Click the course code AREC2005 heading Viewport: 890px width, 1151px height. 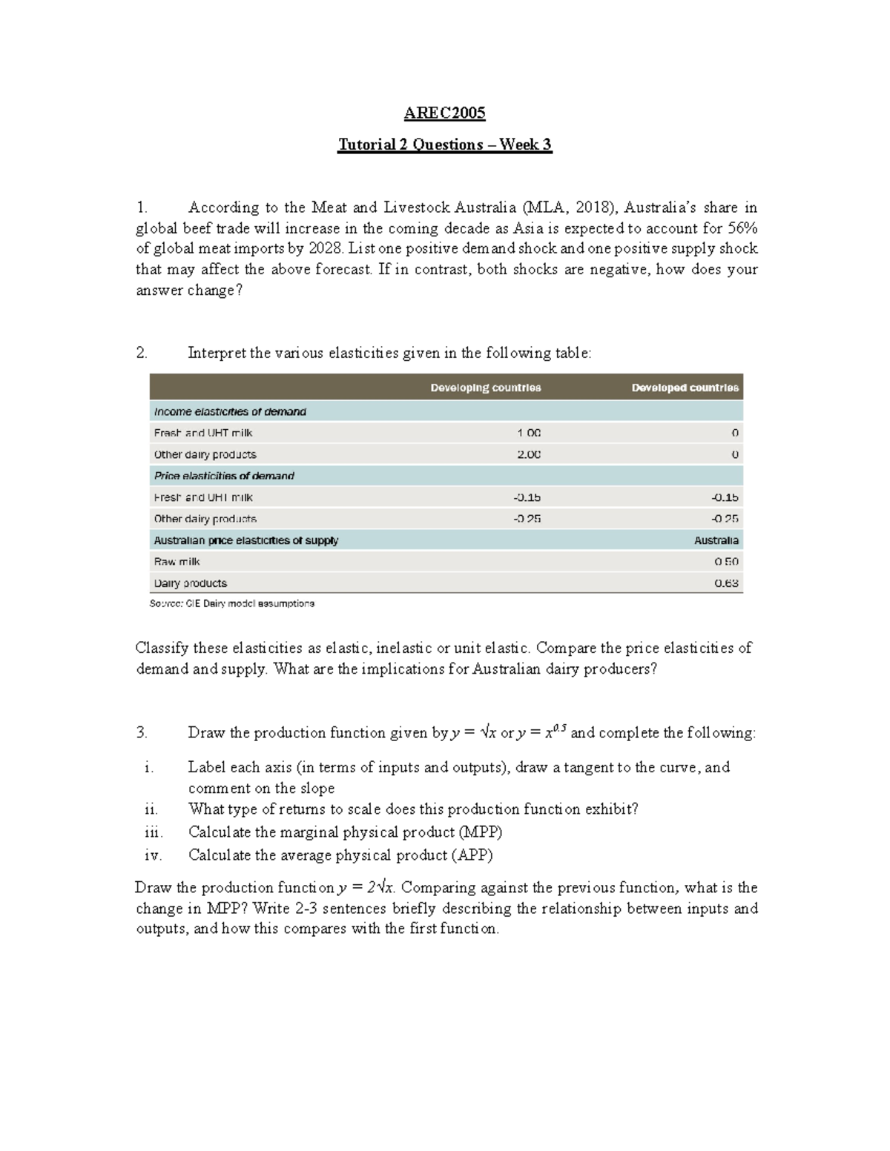pyautogui.click(x=444, y=113)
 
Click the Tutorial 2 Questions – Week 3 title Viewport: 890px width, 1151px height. pyautogui.click(x=444, y=145)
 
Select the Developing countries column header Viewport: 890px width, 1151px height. pyautogui.click(x=486, y=388)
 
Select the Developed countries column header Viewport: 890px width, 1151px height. pyautogui.click(x=685, y=388)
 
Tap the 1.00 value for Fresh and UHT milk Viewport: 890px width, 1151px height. pyautogui.click(x=529, y=433)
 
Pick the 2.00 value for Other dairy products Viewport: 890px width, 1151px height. pyautogui.click(x=529, y=454)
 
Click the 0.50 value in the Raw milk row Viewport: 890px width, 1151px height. pyautogui.click(x=726, y=562)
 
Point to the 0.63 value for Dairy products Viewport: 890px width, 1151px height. pyautogui.click(x=726, y=583)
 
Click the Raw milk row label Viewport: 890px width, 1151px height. pyautogui.click(x=177, y=562)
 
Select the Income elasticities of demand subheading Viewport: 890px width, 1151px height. pyautogui.click(x=230, y=411)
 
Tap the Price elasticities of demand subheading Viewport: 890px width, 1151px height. pyautogui.click(x=224, y=476)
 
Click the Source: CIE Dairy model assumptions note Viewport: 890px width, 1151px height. pyautogui.click(x=232, y=604)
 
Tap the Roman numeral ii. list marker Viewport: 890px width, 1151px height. pyautogui.click(x=151, y=809)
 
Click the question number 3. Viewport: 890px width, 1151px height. pyautogui.click(x=142, y=733)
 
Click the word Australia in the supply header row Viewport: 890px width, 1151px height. pyautogui.click(x=716, y=540)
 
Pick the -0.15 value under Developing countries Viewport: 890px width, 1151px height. pyautogui.click(x=527, y=497)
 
